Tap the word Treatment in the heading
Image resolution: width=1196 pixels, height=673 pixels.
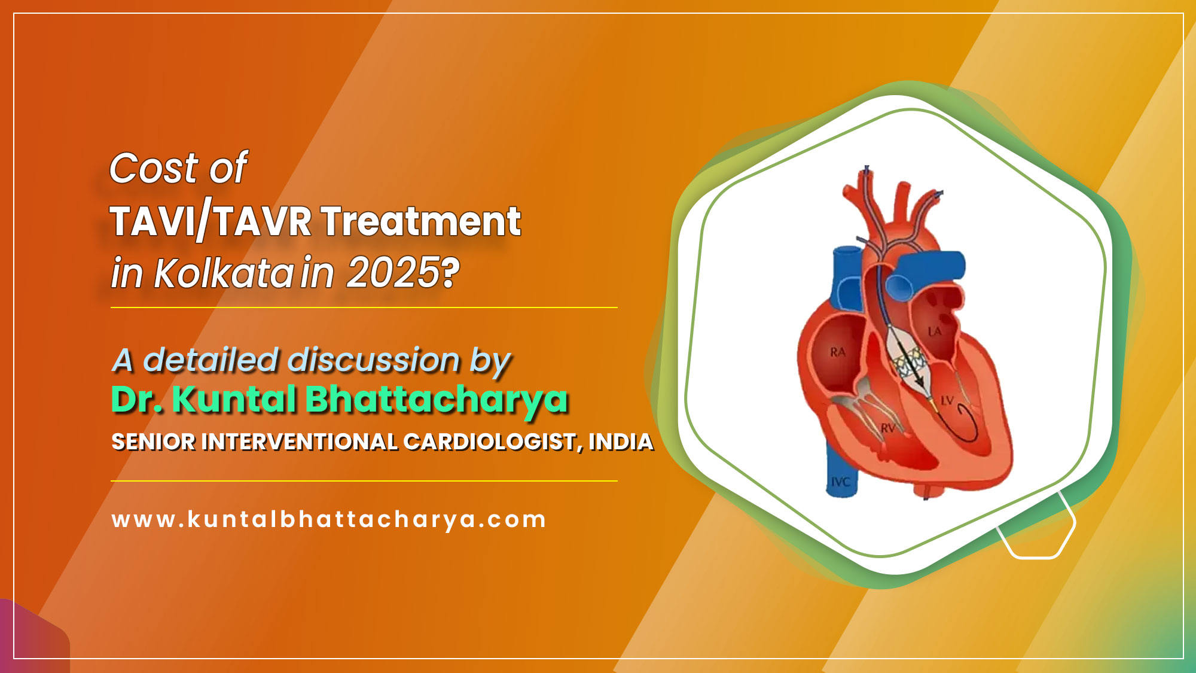click(x=421, y=222)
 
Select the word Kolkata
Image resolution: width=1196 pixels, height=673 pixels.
click(x=223, y=274)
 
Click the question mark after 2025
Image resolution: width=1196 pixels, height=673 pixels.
click(x=451, y=273)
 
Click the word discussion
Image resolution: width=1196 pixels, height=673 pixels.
click(x=374, y=360)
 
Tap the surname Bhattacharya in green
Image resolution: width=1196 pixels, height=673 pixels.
click(x=437, y=400)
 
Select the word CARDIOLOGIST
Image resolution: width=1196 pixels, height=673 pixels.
click(x=489, y=442)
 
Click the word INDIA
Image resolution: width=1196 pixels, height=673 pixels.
click(x=621, y=442)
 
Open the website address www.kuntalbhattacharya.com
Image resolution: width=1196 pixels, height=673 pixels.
click(x=329, y=519)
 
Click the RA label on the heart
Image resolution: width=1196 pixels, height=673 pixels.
click(x=838, y=352)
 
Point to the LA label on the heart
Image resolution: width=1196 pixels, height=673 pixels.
click(x=934, y=331)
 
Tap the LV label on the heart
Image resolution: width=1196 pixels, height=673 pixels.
click(x=948, y=400)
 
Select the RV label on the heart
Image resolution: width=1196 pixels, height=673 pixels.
click(x=887, y=428)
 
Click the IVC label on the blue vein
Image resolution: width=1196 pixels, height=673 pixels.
click(x=840, y=482)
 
